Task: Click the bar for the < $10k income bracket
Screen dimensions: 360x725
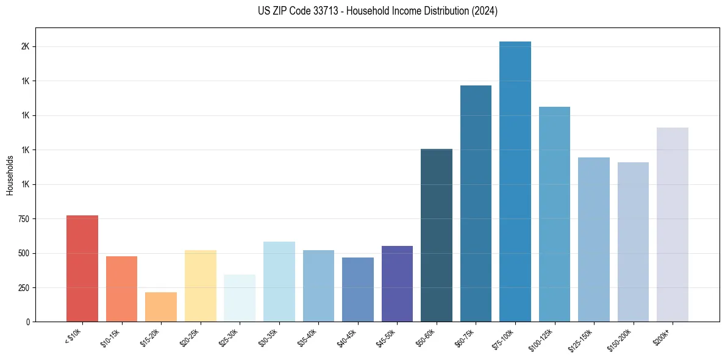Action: pos(82,268)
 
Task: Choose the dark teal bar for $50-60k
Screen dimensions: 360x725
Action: pos(437,235)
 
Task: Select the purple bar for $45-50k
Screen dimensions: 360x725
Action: pos(397,284)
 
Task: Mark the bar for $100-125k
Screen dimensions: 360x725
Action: pos(554,214)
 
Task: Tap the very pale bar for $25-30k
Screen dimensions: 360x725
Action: pos(240,298)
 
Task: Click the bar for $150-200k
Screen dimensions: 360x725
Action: pos(633,242)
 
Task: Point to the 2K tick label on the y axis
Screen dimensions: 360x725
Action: pos(25,47)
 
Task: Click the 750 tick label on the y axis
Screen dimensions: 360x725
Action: pos(23,219)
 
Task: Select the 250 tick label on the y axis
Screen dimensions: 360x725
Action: pos(23,287)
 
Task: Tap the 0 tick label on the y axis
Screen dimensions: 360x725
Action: pos(27,322)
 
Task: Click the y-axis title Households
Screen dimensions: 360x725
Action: pos(10,175)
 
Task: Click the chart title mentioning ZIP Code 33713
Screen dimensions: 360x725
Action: pos(378,11)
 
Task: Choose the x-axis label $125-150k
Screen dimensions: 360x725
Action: pos(580,339)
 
